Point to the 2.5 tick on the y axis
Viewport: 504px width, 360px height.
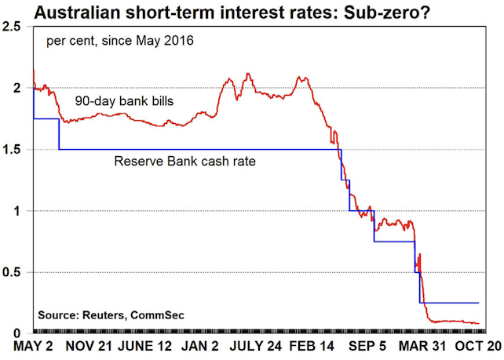pyautogui.click(x=13, y=27)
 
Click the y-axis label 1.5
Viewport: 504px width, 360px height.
pyautogui.click(x=13, y=150)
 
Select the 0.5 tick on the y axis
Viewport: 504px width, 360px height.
pyautogui.click(x=13, y=272)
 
